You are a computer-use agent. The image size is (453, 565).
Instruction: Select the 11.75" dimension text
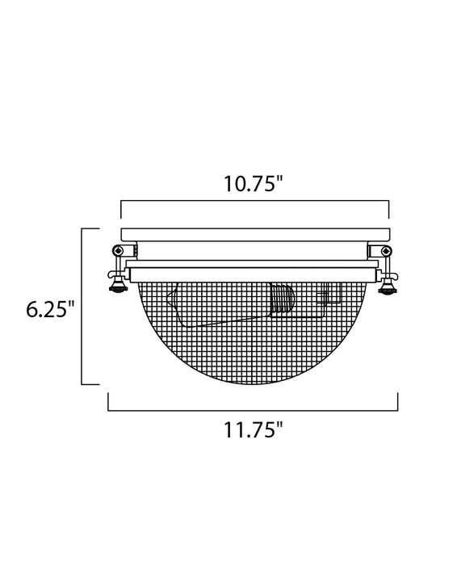[x=254, y=432]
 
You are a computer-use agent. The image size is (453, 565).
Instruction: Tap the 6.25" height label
[x=49, y=309]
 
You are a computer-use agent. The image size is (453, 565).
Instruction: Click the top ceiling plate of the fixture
[x=254, y=233]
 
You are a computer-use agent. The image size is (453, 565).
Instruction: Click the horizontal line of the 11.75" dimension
[x=254, y=411]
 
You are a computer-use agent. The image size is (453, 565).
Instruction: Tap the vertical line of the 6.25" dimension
[x=85, y=307]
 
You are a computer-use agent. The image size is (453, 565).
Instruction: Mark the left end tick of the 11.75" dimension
[x=109, y=402]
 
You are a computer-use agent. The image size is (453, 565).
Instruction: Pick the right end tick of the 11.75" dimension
[x=398, y=402]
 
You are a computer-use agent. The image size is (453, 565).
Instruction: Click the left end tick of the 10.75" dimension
[x=121, y=210]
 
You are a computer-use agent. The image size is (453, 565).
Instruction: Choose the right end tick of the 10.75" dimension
[x=388, y=210]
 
